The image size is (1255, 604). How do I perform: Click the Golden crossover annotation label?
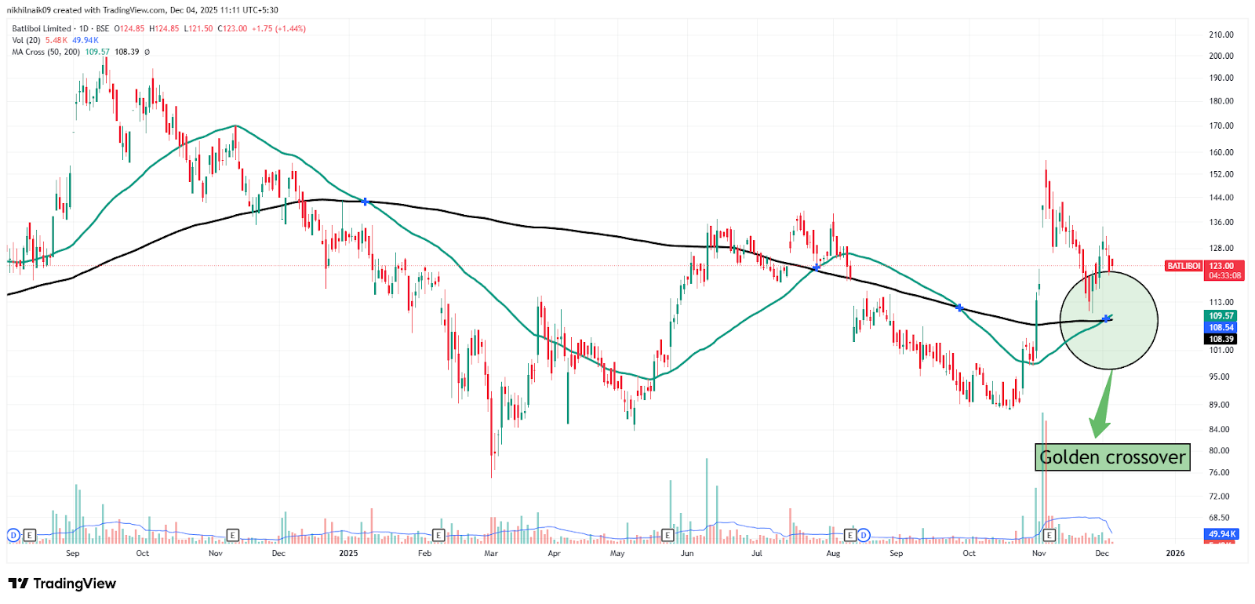1112,457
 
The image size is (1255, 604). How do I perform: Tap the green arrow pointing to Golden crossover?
1102,408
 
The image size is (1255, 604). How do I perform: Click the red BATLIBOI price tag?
1184,266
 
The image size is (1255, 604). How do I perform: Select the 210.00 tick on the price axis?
1221,35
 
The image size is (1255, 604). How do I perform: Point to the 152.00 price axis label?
1221,174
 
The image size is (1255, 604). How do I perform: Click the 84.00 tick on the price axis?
1220,429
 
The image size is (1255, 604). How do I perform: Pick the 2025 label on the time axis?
348,553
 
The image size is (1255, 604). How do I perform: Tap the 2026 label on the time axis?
1175,553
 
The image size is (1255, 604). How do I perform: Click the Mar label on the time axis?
491,553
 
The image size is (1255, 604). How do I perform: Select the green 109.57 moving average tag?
1220,316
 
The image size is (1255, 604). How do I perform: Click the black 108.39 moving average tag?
1220,339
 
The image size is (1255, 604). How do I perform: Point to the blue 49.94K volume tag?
1222,534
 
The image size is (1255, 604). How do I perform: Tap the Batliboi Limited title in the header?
42,28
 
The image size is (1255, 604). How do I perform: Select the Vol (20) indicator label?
26,40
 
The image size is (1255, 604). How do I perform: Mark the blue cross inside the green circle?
1106,318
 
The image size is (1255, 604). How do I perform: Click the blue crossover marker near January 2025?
366,202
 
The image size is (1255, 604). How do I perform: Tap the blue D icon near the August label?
864,535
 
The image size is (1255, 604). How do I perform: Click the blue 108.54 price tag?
1220,327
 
